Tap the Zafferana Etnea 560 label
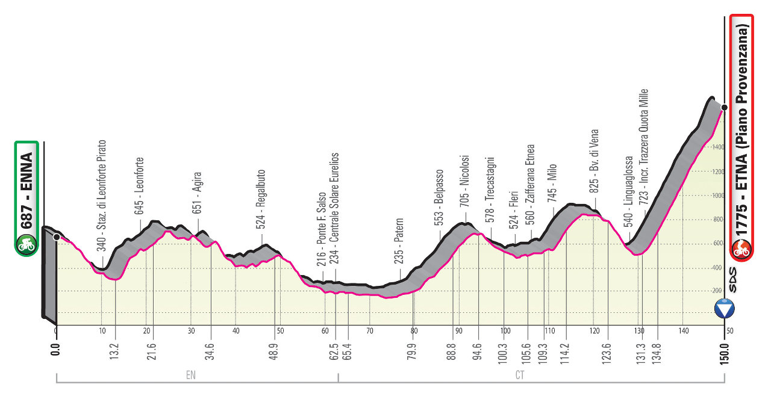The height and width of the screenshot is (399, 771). (x=530, y=183)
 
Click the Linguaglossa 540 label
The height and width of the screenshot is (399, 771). (x=628, y=192)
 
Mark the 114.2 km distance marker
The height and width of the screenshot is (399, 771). (x=566, y=349)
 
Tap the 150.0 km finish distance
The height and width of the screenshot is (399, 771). (x=725, y=348)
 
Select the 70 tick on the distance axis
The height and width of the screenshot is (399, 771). (x=369, y=330)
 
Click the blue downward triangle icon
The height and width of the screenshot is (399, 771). (x=724, y=310)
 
